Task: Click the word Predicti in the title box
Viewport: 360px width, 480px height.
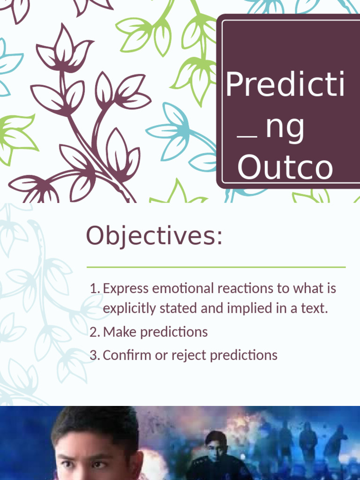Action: [285, 84]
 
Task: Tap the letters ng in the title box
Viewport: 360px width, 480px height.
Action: [285, 129]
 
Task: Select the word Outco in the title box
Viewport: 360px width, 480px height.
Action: [285, 168]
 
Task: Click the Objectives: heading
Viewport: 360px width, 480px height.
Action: [154, 236]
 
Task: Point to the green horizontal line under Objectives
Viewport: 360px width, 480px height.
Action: [216, 267]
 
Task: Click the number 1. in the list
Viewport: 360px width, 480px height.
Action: [95, 288]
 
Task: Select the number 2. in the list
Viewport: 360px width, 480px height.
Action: [95, 332]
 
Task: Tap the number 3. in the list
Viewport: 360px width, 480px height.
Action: [95, 355]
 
